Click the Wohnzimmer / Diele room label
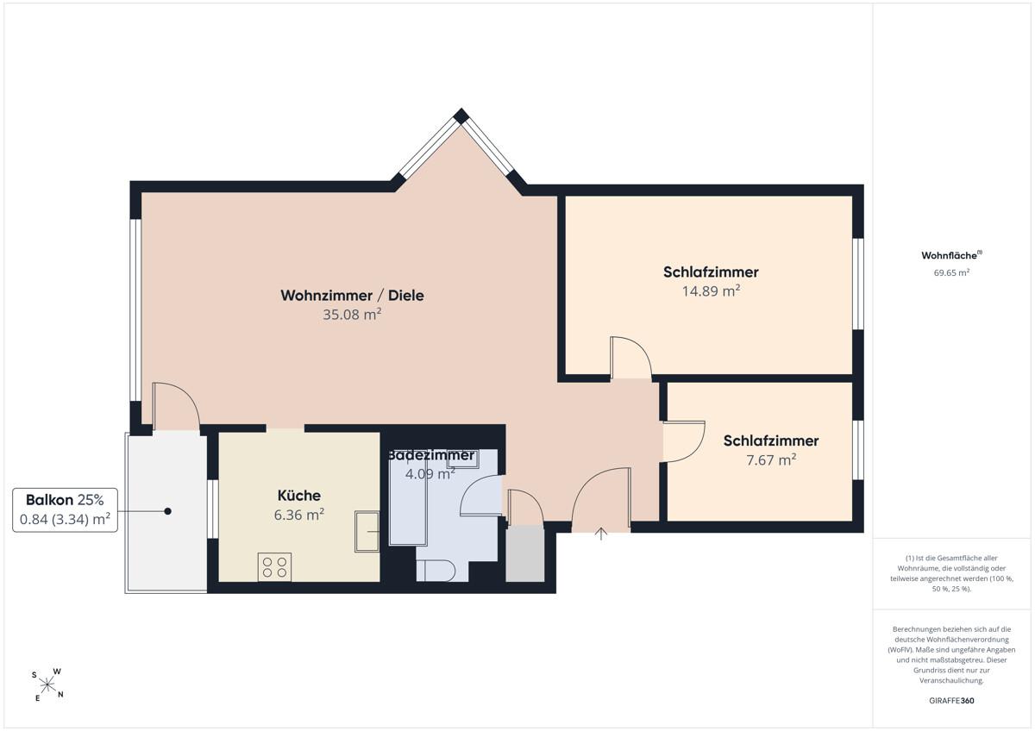pyautogui.click(x=352, y=296)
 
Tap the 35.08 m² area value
pyautogui.click(x=352, y=315)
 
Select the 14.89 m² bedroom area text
pyautogui.click(x=711, y=291)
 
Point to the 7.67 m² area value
pyautogui.click(x=771, y=460)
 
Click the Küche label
pyautogui.click(x=299, y=496)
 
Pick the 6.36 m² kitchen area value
pyautogui.click(x=299, y=515)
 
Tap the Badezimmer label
pyautogui.click(x=430, y=455)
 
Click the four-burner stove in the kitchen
pyautogui.click(x=274, y=566)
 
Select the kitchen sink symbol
pyautogui.click(x=367, y=532)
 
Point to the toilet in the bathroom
pyautogui.click(x=436, y=571)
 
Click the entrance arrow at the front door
pyautogui.click(x=600, y=534)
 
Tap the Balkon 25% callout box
pyautogui.click(x=65, y=509)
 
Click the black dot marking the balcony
pyautogui.click(x=167, y=511)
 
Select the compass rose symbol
pyautogui.click(x=47, y=684)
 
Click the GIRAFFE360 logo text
pyautogui.click(x=951, y=701)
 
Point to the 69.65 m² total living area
pyautogui.click(x=951, y=272)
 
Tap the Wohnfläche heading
pyautogui.click(x=951, y=255)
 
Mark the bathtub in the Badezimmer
pyautogui.click(x=408, y=499)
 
